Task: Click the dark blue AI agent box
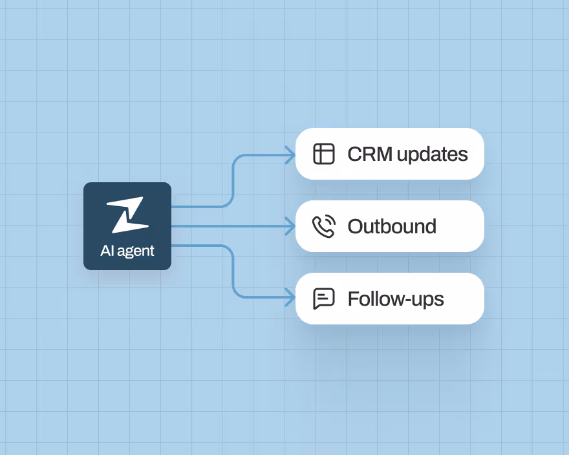pyautogui.click(x=127, y=226)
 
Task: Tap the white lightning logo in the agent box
pyautogui.click(x=127, y=215)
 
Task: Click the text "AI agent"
pyautogui.click(x=127, y=251)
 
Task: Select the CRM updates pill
pyautogui.click(x=389, y=154)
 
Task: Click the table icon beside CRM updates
pyautogui.click(x=323, y=154)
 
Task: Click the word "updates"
pyautogui.click(x=432, y=154)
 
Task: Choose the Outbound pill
pyautogui.click(x=389, y=226)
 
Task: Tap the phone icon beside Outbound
pyautogui.click(x=323, y=227)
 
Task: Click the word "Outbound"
pyautogui.click(x=392, y=227)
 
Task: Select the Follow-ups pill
pyautogui.click(x=389, y=299)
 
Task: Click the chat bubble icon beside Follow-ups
pyautogui.click(x=323, y=299)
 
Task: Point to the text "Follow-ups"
pyautogui.click(x=396, y=299)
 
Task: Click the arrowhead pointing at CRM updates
pyautogui.click(x=290, y=155)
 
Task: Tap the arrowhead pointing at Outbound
pyautogui.click(x=290, y=226)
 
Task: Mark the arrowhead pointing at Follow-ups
pyautogui.click(x=290, y=297)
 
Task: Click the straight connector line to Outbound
pyautogui.click(x=226, y=226)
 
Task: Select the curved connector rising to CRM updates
pyautogui.click(x=233, y=181)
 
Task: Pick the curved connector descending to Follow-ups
pyautogui.click(x=233, y=271)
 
